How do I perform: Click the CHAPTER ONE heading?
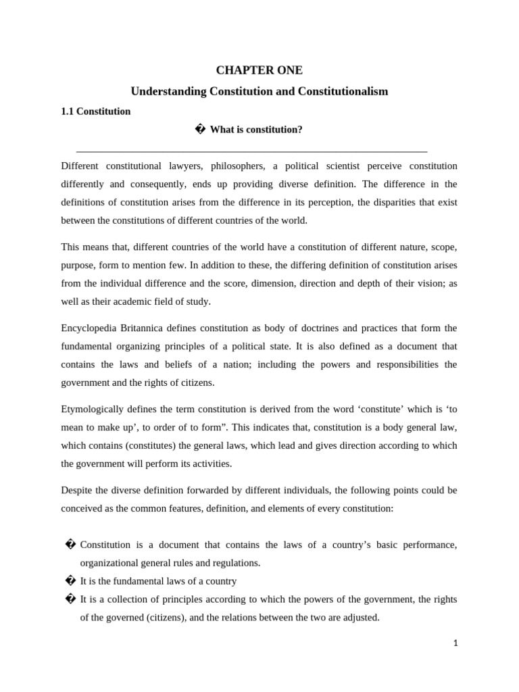259,70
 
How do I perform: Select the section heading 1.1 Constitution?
95,112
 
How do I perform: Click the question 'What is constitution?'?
256,130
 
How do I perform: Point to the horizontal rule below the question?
251,152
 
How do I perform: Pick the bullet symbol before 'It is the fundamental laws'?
69,581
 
